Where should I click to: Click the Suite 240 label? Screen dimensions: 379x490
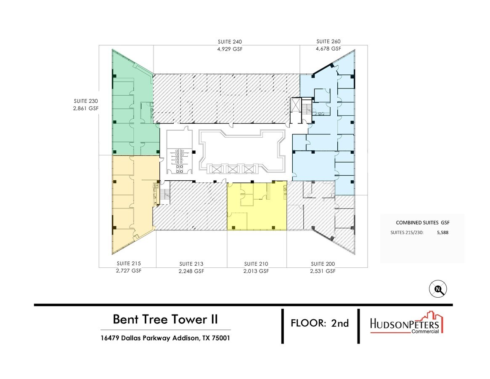pyautogui.click(x=230, y=42)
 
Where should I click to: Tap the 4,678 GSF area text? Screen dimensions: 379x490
pyautogui.click(x=328, y=49)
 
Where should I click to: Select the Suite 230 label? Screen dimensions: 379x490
pyautogui.click(x=86, y=101)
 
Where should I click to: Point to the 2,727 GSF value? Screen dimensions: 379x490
pyautogui.click(x=129, y=271)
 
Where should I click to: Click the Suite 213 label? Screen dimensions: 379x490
pyautogui.click(x=191, y=264)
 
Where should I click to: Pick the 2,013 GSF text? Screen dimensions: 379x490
pyautogui.click(x=256, y=271)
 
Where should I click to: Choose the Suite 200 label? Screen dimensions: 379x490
pyautogui.click(x=323, y=264)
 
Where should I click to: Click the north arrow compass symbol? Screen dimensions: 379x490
pyautogui.click(x=438, y=289)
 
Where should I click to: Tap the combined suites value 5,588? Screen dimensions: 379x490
pyautogui.click(x=442, y=232)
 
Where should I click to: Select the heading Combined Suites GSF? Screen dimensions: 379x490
pyautogui.click(x=423, y=222)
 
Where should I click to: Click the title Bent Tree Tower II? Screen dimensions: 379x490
pyautogui.click(x=165, y=319)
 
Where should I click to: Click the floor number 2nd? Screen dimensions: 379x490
pyautogui.click(x=340, y=323)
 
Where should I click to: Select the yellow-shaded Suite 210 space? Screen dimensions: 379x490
pyautogui.click(x=257, y=211)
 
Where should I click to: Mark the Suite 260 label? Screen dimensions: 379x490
pyautogui.click(x=328, y=42)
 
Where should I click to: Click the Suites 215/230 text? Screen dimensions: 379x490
pyautogui.click(x=407, y=232)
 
